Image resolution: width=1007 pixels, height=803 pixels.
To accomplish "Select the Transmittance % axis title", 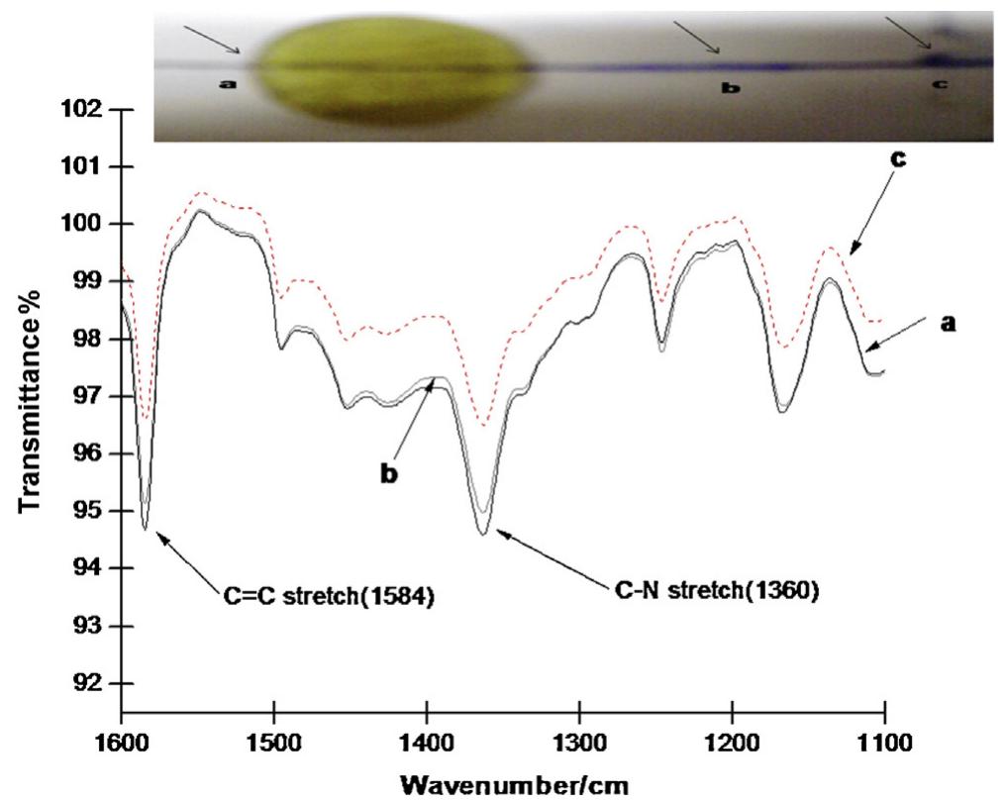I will [33, 396].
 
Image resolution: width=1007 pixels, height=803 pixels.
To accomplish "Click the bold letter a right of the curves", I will [948, 323].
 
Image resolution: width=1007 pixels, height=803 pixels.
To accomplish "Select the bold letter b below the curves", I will [389, 473].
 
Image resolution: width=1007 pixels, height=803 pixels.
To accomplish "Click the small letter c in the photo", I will [939, 85].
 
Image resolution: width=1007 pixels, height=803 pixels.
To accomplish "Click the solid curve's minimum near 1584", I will [146, 529].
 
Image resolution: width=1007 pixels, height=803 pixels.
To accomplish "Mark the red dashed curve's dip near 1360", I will [482, 426].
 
